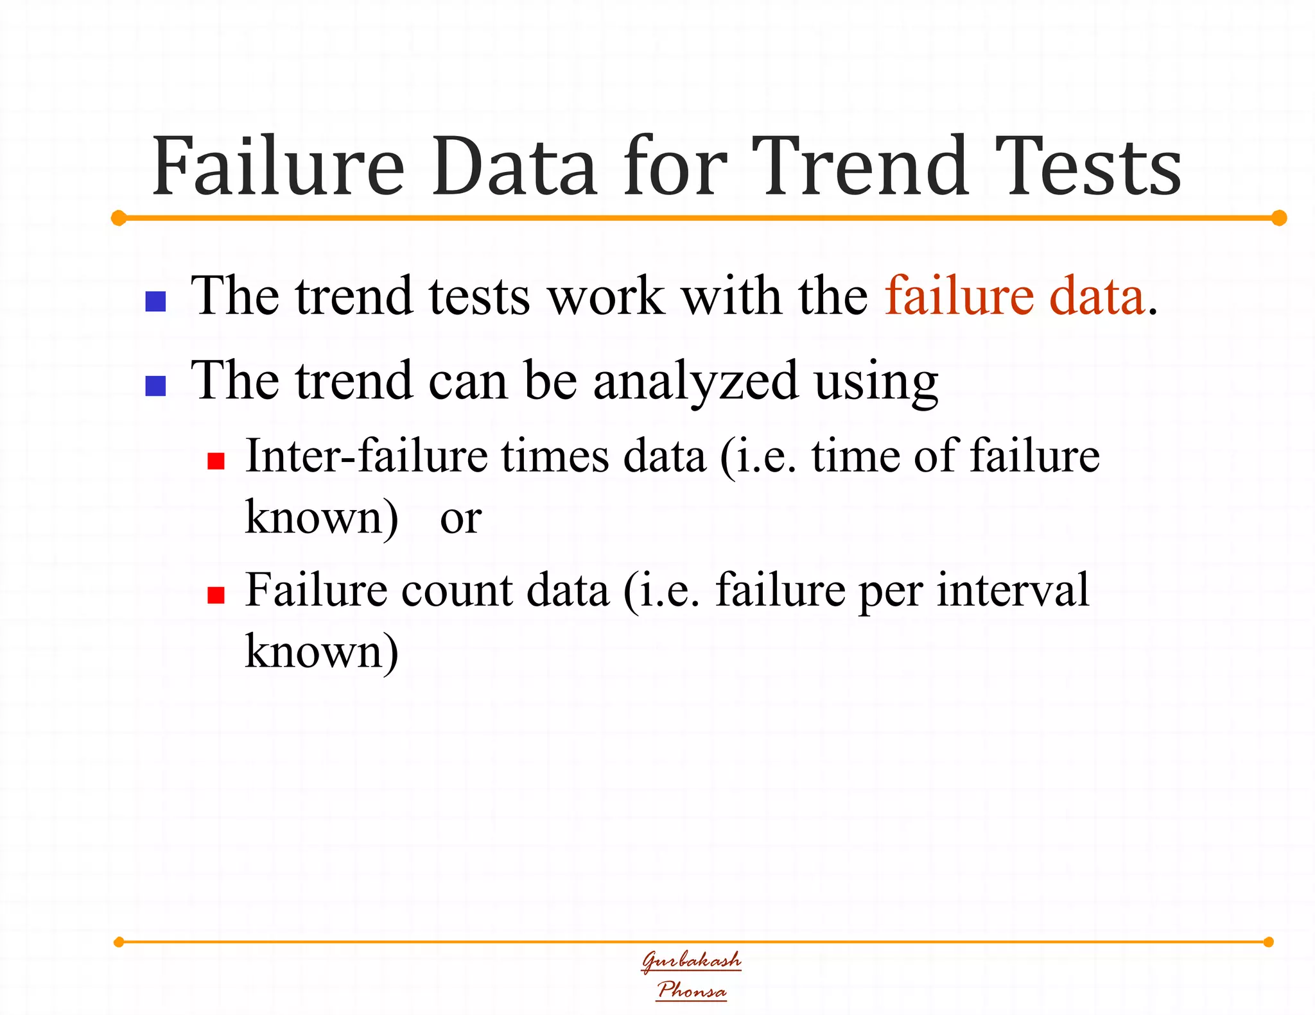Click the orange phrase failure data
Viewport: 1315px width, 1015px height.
coord(1015,296)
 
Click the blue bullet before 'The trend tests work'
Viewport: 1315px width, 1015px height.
coord(156,301)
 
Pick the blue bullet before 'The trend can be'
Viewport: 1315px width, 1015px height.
coord(156,386)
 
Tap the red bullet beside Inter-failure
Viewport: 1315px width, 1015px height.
coord(216,461)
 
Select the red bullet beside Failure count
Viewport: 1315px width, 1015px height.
coord(216,595)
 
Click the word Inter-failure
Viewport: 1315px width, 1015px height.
coord(366,456)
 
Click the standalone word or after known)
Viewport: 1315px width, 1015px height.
coord(460,518)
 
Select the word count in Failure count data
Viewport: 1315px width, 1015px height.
coord(457,591)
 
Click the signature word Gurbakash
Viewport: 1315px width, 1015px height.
coord(692,960)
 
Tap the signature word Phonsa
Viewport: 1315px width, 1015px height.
coord(692,990)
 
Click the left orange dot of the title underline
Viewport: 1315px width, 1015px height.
coord(119,218)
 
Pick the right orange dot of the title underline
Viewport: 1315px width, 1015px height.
coord(1279,218)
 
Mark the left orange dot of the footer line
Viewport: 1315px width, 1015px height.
coord(119,942)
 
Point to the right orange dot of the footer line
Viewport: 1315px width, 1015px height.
coord(1268,942)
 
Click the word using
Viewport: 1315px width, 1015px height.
coord(876,382)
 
